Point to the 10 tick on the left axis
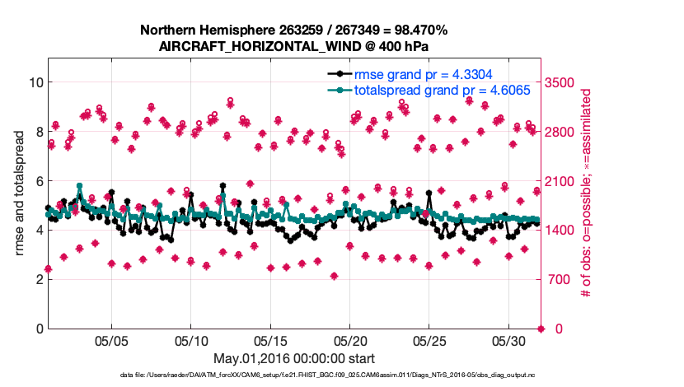[35, 82]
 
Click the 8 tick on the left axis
[39, 132]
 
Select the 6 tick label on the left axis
[39, 181]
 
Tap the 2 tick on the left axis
[39, 279]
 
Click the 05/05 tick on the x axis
[111, 341]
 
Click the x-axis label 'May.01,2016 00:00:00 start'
[294, 358]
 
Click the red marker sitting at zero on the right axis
[541, 329]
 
